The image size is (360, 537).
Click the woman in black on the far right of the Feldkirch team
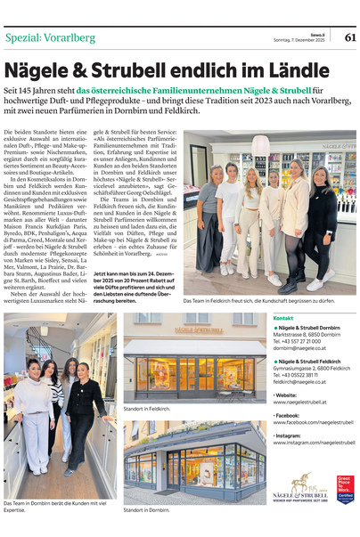point(320,221)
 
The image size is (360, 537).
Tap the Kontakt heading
point(283,318)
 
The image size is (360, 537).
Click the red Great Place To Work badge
point(344,489)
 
